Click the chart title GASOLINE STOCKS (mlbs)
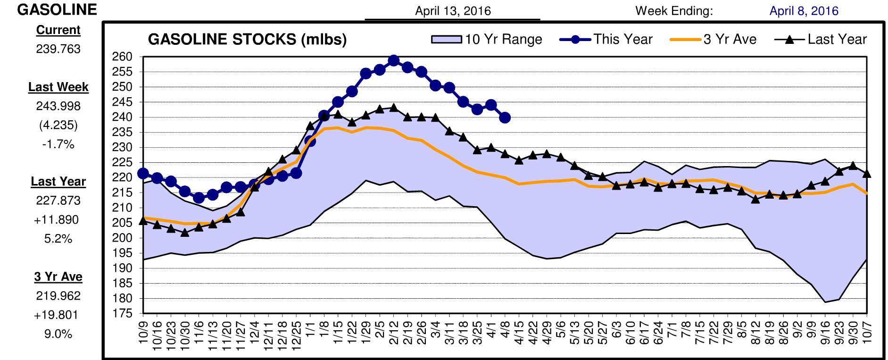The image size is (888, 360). [247, 40]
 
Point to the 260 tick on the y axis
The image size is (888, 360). [122, 57]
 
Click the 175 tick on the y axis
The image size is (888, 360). [122, 314]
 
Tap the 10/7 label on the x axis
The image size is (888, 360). [867, 332]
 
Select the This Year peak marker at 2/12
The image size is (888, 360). [394, 61]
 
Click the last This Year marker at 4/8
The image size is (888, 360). [505, 117]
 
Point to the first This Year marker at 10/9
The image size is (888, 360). [143, 174]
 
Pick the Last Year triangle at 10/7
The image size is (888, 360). [867, 174]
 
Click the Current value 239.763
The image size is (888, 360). [58, 49]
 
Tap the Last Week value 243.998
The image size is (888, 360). [58, 106]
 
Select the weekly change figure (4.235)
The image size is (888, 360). [58, 125]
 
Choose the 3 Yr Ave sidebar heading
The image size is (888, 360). [58, 276]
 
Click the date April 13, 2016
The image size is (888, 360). [453, 11]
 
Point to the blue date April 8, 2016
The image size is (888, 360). [804, 11]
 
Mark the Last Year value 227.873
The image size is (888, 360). [58, 201]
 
